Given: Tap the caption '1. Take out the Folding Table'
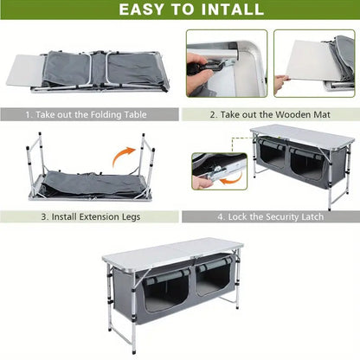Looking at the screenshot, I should click(87, 113).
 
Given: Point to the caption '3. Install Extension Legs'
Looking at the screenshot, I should click(86, 216).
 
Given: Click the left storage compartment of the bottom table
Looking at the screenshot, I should click(165, 291).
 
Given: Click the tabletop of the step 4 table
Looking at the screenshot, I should click(303, 135).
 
